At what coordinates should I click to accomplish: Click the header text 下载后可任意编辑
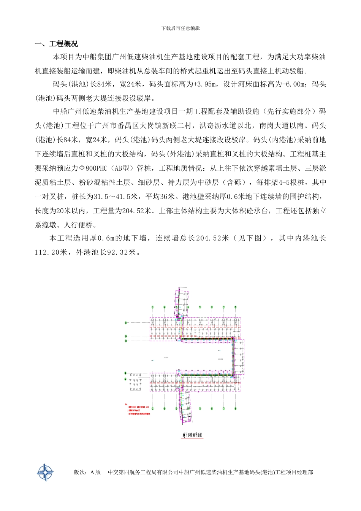[x=180, y=29]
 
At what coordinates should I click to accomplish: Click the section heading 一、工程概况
[x=56, y=44]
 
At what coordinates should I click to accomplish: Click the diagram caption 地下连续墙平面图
[x=193, y=435]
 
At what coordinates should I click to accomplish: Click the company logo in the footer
[x=45, y=472]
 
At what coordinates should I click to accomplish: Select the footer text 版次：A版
[x=87, y=472]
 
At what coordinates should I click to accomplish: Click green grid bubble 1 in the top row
[x=153, y=307]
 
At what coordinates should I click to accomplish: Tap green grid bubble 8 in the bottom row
[x=235, y=408]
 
